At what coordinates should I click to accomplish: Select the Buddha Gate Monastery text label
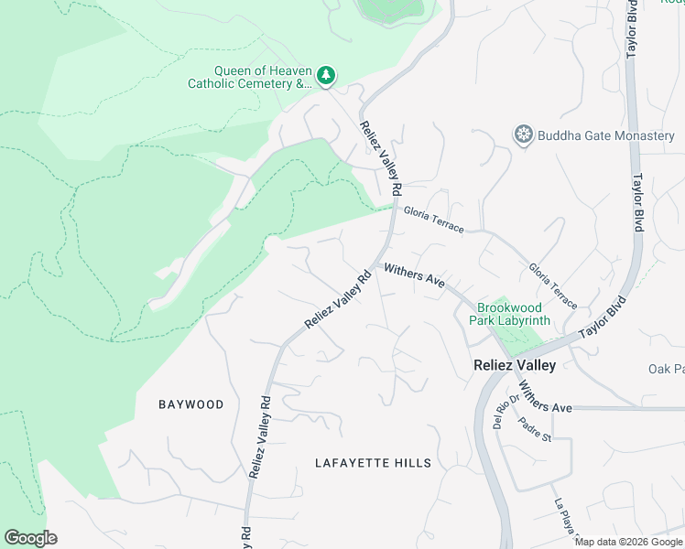click(x=606, y=136)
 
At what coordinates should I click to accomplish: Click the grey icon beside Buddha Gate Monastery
click(x=524, y=136)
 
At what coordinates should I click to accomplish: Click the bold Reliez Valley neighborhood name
click(x=514, y=365)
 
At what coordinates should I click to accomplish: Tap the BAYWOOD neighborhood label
click(x=190, y=404)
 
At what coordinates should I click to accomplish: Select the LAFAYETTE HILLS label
click(x=373, y=463)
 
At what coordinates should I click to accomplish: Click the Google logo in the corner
click(x=30, y=538)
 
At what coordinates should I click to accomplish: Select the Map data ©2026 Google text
click(x=628, y=542)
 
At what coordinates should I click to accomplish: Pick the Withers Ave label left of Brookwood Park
click(x=414, y=276)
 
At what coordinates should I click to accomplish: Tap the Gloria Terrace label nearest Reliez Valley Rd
click(x=433, y=220)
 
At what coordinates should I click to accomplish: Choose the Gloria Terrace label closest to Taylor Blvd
click(x=552, y=285)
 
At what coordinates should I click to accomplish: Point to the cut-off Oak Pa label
click(x=666, y=369)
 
